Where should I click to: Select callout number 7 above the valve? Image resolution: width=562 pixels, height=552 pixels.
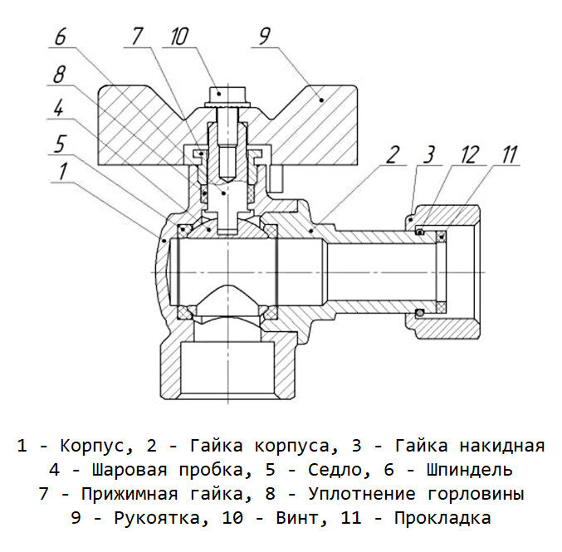tap(137, 37)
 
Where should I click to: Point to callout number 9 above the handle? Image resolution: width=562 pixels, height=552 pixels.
tap(264, 37)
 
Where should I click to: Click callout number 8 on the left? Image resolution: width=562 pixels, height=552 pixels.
tap(59, 75)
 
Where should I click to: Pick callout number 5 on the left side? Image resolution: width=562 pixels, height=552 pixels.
tap(59, 143)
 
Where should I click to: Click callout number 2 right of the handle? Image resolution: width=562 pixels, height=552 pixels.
tap(393, 154)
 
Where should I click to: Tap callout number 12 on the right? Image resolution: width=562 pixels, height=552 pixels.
tap(469, 154)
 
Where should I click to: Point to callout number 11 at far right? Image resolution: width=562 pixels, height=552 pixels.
tap(509, 154)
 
